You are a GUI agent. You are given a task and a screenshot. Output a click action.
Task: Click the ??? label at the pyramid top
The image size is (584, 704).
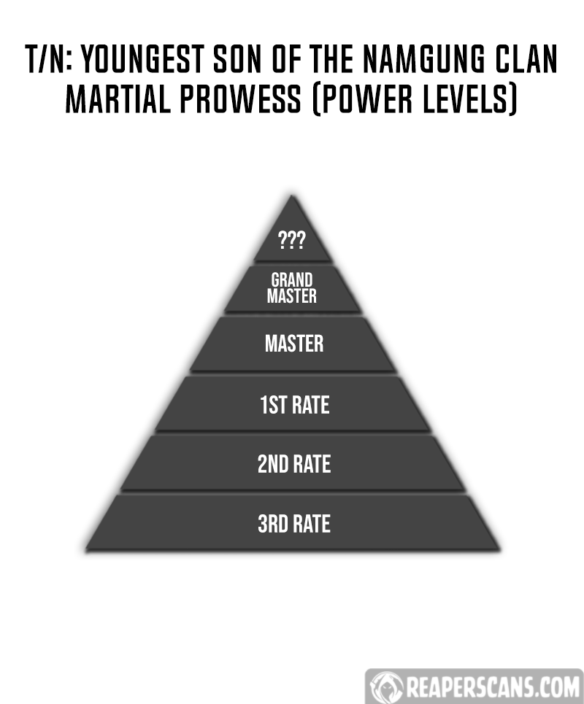[x=292, y=240]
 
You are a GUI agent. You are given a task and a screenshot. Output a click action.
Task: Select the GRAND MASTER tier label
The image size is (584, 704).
[x=292, y=287]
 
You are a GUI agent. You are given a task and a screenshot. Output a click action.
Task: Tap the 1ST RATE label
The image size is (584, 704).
[x=295, y=405]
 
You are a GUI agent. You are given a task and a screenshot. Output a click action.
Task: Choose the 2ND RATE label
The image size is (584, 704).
[x=294, y=464]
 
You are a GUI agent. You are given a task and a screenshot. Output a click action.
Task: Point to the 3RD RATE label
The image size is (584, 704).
[x=294, y=524]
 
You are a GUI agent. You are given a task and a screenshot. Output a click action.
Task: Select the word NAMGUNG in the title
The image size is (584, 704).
[x=423, y=59]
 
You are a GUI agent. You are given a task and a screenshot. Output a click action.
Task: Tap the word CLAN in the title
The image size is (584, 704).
[x=526, y=59]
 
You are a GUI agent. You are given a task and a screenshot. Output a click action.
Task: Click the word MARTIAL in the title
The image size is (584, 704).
[x=118, y=98]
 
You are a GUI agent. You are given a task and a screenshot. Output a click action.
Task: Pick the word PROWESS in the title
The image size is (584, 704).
[x=240, y=98]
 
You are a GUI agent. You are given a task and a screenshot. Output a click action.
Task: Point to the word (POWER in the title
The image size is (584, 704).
[x=361, y=99]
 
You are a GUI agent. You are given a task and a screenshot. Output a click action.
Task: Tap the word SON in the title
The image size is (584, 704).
[x=237, y=59]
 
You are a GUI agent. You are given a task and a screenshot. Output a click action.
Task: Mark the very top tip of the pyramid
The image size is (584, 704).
[x=292, y=196]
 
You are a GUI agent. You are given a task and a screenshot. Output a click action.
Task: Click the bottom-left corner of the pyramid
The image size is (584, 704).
[x=85, y=549]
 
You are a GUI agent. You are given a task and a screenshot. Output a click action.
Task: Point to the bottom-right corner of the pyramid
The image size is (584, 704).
[x=499, y=549]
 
